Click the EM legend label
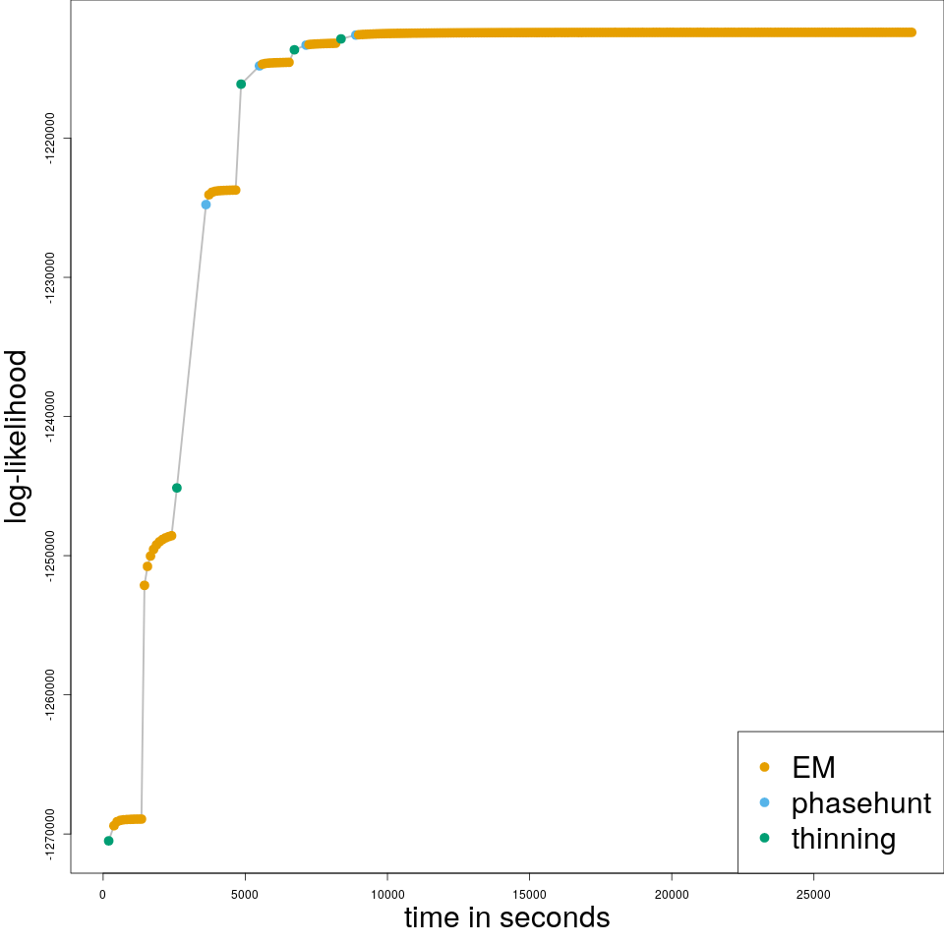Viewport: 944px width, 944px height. tap(813, 767)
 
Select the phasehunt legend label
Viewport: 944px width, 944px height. tap(860, 802)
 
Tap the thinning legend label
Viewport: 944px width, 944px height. tap(843, 839)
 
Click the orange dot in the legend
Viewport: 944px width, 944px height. tap(765, 767)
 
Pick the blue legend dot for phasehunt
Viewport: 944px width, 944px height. tap(765, 802)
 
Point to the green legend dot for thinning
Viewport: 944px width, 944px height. tap(765, 838)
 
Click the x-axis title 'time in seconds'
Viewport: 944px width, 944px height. tap(506, 917)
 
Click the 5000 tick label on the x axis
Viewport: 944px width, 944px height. tap(245, 894)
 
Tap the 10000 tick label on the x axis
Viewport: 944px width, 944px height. tap(387, 894)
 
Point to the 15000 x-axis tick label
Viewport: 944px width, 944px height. tap(529, 894)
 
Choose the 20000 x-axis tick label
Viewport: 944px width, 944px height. tap(672, 894)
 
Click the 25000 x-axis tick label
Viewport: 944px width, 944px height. tap(813, 894)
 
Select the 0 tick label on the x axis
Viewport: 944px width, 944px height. tap(102, 894)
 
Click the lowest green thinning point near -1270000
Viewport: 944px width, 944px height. tap(108, 841)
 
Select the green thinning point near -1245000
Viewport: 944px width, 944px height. tap(177, 488)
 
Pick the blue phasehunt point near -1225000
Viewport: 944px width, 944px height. tap(206, 205)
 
